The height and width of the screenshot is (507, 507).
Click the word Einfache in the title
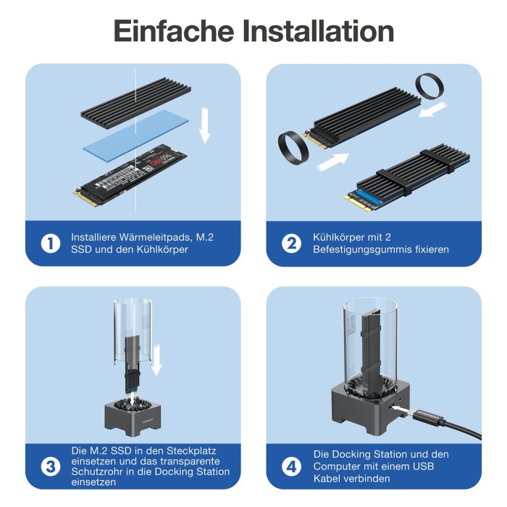[174, 30]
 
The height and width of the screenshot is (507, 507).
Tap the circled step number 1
[51, 243]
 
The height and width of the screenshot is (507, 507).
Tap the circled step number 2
[291, 243]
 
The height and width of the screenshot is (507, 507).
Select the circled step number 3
[51, 467]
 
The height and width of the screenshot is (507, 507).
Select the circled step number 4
[291, 467]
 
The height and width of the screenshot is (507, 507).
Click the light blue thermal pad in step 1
[136, 135]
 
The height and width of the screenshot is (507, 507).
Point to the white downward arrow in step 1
[205, 125]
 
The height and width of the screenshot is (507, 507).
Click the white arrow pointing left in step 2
[433, 109]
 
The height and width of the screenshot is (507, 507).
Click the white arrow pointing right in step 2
[332, 162]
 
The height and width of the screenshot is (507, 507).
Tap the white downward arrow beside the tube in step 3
[156, 360]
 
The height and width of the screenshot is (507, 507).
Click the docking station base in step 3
[133, 418]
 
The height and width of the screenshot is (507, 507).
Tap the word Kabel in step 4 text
[329, 479]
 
